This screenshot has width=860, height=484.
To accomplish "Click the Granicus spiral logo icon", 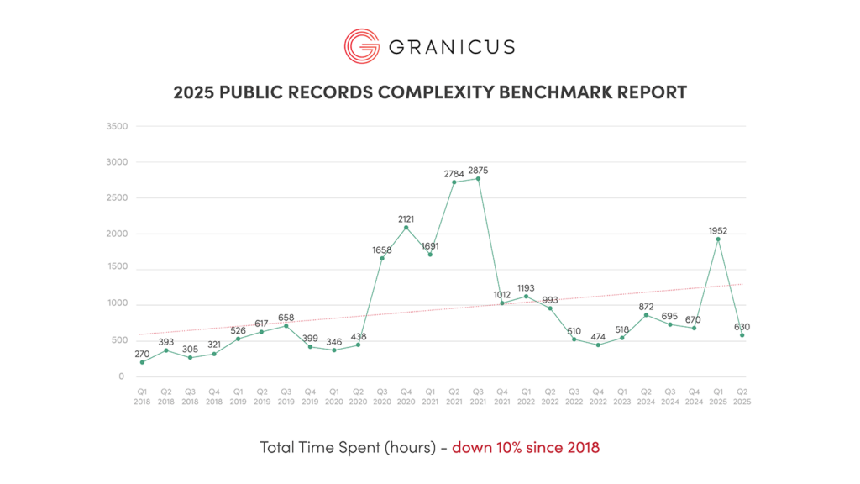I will (x=361, y=45).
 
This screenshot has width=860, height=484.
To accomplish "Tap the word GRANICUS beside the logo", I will (x=451, y=46).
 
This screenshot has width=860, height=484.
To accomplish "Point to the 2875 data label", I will (x=479, y=171).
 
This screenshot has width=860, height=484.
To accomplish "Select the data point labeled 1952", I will (x=718, y=239).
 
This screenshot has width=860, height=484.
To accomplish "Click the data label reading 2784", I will (x=454, y=174).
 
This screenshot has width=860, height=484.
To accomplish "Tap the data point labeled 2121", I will (x=406, y=227).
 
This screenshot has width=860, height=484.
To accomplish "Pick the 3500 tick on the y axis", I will (x=117, y=127).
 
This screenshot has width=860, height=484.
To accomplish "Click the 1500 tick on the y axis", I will (x=117, y=270).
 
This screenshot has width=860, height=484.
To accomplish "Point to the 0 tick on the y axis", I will (x=122, y=376).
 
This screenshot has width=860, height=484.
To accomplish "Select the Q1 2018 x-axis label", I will (x=142, y=396).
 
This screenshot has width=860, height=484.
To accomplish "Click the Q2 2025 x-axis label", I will (x=742, y=396).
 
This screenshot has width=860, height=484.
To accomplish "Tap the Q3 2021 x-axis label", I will (x=478, y=396).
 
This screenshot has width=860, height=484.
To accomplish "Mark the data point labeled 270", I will (x=142, y=362).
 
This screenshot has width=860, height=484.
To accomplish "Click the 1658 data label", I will (x=382, y=250).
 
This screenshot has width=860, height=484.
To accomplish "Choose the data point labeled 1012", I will (x=502, y=303).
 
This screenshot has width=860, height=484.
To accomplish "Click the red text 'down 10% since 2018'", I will (x=526, y=447).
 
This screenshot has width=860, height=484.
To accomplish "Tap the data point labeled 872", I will (x=646, y=315).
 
